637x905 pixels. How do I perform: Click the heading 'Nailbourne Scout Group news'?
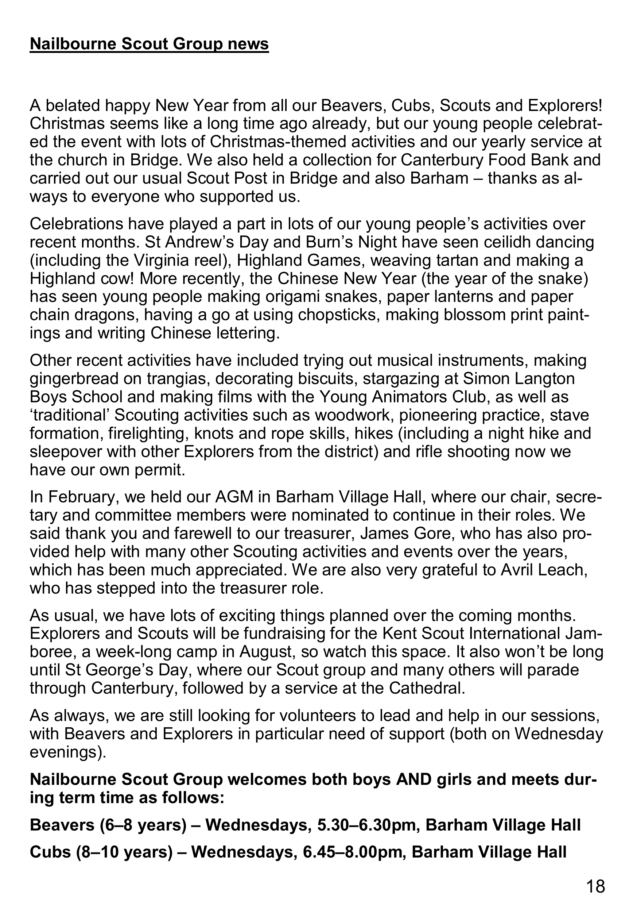(x=149, y=44)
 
